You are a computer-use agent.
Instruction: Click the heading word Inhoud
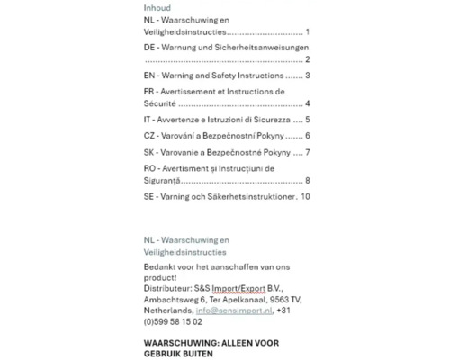click(x=157, y=7)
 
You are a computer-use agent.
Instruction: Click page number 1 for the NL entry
click(x=308, y=31)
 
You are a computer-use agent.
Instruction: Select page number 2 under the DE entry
click(x=308, y=59)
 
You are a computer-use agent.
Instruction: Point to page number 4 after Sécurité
click(x=308, y=103)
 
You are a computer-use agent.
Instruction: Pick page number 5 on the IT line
click(x=308, y=120)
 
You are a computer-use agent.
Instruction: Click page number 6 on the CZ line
click(x=308, y=136)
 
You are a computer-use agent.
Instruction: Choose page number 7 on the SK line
click(x=308, y=152)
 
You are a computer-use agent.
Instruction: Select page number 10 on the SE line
click(x=305, y=196)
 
